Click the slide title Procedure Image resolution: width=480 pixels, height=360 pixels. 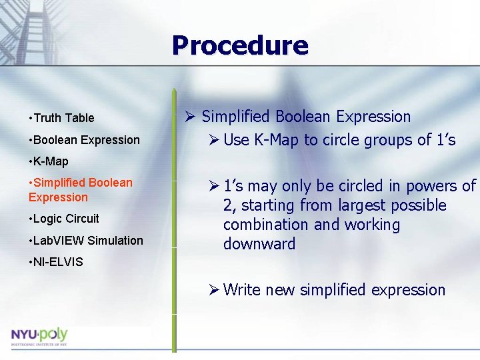click(240, 45)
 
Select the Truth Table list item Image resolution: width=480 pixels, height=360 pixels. click(63, 118)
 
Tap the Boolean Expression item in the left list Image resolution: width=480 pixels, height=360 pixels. click(86, 140)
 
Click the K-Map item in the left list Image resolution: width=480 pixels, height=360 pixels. click(50, 161)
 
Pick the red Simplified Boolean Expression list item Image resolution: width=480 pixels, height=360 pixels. click(81, 190)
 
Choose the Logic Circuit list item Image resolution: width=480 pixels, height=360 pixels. click(65, 219)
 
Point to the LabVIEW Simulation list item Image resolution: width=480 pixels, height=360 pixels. click(87, 241)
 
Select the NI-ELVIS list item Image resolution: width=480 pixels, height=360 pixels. click(57, 262)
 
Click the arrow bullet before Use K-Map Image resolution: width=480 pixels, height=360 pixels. click(213, 140)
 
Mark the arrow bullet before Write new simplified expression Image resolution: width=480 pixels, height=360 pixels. click(213, 290)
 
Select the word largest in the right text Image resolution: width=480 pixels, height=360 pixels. click(369, 205)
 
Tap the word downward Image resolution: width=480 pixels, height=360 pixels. click(259, 244)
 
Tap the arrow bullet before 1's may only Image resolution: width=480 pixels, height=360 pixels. click(213, 187)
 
